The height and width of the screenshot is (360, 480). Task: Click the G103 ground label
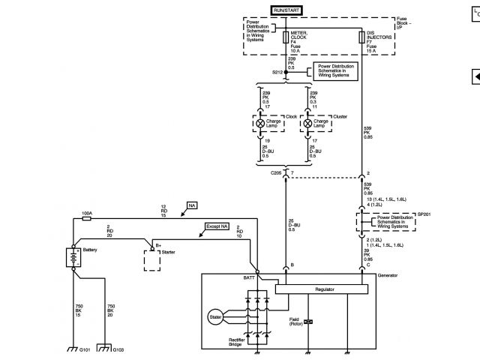click(x=108, y=350)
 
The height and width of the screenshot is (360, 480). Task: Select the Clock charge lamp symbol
click(x=260, y=122)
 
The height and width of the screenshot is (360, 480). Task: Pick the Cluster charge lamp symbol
click(x=306, y=122)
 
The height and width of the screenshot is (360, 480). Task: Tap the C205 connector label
click(x=277, y=172)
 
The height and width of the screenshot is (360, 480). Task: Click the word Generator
click(x=388, y=275)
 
